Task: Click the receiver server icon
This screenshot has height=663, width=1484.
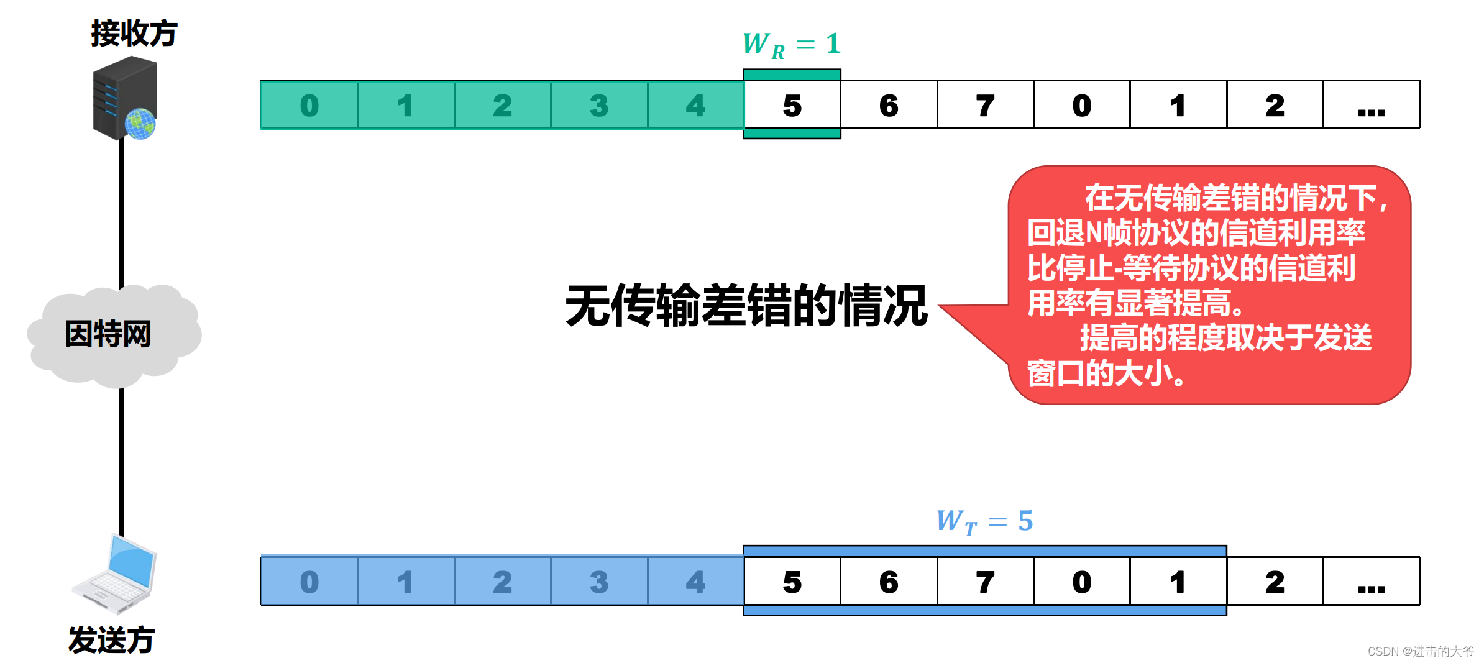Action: click(125, 98)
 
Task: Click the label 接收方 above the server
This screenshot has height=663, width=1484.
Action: click(134, 34)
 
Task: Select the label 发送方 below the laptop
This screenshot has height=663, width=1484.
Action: click(111, 640)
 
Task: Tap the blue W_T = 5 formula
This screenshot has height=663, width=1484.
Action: click(984, 521)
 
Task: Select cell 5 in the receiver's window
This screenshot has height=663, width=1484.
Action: click(792, 105)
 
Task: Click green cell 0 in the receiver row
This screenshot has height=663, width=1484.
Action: click(309, 105)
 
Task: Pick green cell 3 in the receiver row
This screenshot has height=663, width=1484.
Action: click(598, 105)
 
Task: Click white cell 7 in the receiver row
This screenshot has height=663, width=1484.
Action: click(985, 105)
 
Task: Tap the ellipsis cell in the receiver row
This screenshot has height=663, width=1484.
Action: click(1372, 105)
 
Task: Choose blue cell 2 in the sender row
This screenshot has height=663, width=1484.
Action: click(502, 582)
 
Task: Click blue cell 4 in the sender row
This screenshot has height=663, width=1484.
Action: click(695, 582)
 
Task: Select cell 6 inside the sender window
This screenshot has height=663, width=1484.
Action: click(889, 582)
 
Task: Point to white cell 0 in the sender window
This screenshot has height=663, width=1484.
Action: click(1081, 582)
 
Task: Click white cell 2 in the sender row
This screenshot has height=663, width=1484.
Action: click(1275, 582)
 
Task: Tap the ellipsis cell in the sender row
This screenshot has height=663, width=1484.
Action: click(1372, 582)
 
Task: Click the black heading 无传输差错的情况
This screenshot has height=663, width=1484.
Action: click(746, 306)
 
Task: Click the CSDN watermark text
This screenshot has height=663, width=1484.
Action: click(1420, 651)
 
